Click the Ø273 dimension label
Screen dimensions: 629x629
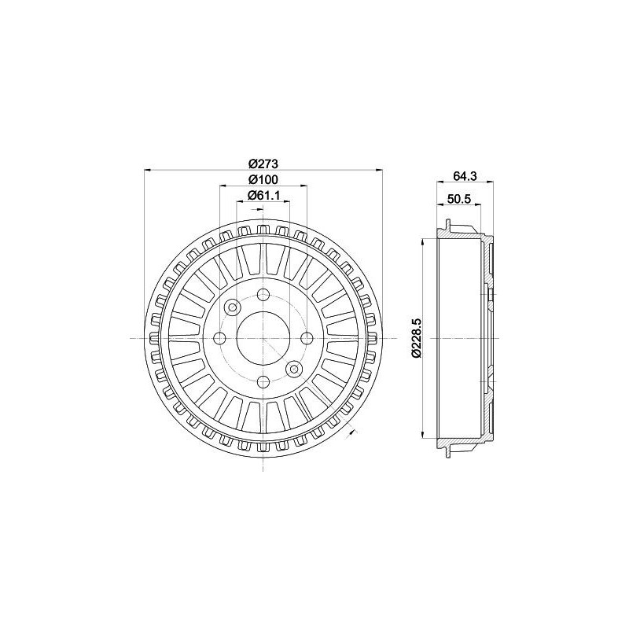(263, 164)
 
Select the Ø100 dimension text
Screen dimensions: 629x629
(263, 179)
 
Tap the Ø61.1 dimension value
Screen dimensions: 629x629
(263, 195)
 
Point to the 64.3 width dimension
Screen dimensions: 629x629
(465, 175)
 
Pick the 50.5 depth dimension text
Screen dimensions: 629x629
(458, 199)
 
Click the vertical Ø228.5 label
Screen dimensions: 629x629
(416, 337)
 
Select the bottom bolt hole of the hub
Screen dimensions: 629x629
(263, 381)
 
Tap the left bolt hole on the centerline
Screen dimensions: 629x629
(220, 339)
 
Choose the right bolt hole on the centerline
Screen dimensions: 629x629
(307, 339)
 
